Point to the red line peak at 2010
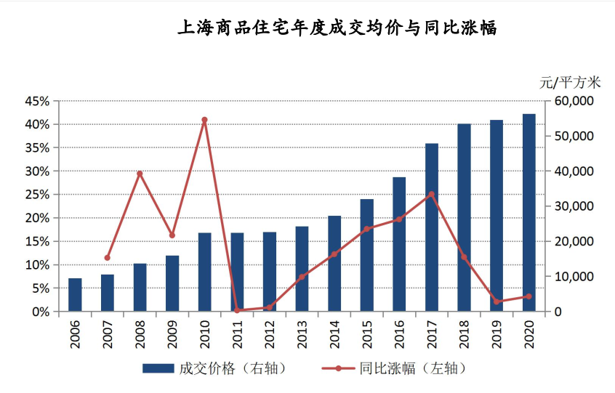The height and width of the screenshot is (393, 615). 204,120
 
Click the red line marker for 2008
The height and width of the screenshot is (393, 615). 140,174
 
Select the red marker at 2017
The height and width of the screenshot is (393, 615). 432,194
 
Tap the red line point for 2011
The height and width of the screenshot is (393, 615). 237,310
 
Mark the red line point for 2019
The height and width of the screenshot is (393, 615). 497,301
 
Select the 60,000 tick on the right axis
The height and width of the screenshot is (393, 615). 574,101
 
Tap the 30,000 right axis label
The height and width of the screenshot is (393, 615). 574,206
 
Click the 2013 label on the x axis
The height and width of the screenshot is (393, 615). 302,333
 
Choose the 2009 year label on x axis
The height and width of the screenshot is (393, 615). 172,333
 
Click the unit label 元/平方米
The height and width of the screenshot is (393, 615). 571,82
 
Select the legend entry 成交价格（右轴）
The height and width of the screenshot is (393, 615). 218,368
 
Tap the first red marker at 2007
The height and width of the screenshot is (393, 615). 108,258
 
